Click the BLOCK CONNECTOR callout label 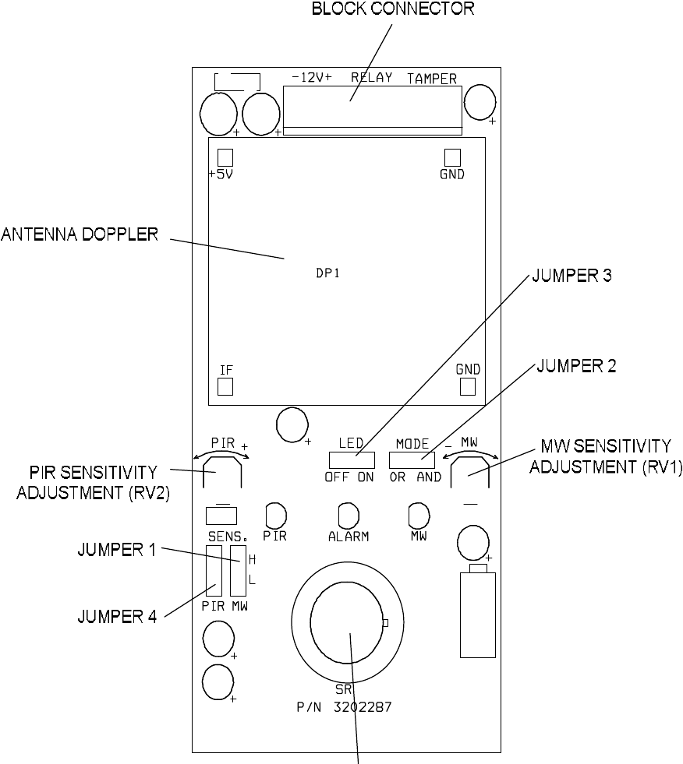click(392, 9)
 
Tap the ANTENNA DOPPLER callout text click(80, 234)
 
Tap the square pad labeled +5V click(225, 156)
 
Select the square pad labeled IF click(225, 387)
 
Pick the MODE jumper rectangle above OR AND click(412, 459)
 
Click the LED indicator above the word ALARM click(348, 515)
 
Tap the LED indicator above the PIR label click(276, 515)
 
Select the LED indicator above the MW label click(419, 515)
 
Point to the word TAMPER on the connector click(432, 79)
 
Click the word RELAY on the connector click(372, 78)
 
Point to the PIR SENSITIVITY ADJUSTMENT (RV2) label click(87, 483)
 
